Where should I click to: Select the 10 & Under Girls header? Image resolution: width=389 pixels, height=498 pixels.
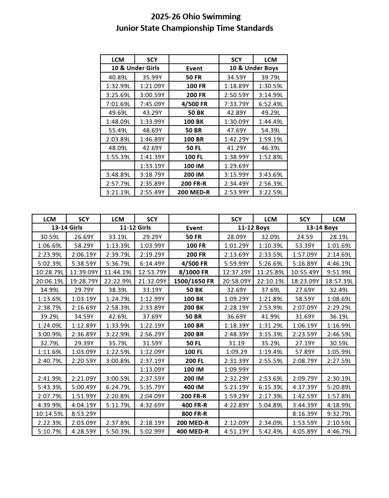click(135, 68)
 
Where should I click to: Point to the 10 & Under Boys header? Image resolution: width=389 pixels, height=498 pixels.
click(253, 68)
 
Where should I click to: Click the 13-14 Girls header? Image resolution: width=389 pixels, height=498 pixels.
click(66, 228)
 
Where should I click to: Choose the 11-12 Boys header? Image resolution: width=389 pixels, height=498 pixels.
click(253, 228)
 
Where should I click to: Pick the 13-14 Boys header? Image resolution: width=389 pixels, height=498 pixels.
click(321, 228)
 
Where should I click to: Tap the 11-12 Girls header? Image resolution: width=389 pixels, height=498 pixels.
click(135, 228)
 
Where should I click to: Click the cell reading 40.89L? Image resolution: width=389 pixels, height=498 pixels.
click(118, 77)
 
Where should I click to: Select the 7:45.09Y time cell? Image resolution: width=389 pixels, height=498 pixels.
click(152, 104)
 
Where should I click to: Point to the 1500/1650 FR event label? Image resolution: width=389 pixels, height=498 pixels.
click(194, 282)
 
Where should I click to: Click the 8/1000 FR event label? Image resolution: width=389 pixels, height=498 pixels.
click(194, 272)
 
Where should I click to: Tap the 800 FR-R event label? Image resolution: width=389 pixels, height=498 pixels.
click(194, 414)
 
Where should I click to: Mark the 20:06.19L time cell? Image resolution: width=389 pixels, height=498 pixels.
click(49, 282)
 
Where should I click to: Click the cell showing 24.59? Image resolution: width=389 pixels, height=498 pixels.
click(305, 237)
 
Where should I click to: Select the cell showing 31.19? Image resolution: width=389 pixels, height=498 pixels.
click(236, 343)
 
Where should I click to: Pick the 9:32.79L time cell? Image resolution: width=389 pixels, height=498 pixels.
click(339, 414)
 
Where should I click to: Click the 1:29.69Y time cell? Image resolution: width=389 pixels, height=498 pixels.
click(236, 166)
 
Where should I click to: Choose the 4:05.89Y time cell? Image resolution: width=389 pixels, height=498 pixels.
click(305, 432)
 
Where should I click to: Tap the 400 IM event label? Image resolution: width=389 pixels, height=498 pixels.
click(194, 387)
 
